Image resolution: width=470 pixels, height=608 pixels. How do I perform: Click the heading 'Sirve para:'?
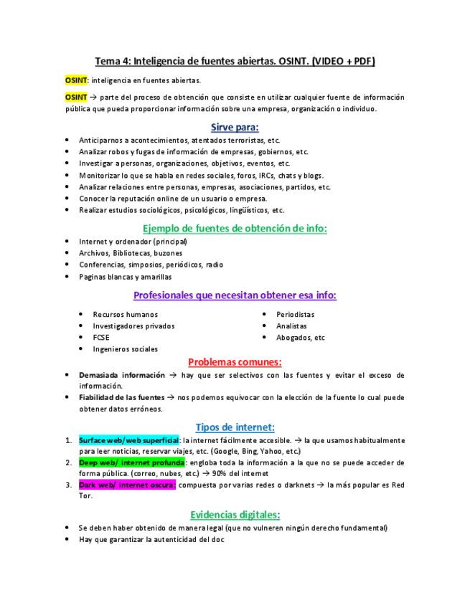point(235,127)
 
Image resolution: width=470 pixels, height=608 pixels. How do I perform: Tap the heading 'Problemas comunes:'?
point(235,361)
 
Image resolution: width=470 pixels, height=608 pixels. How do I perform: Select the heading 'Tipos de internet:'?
point(235,427)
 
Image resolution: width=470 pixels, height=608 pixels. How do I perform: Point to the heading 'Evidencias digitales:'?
point(235,514)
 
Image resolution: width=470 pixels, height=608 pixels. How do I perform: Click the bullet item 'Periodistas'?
point(295,314)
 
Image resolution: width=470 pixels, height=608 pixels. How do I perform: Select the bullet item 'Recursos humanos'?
point(125,314)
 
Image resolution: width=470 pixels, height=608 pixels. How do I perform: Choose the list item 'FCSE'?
point(101,337)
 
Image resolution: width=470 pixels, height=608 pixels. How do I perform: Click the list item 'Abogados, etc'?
point(300,337)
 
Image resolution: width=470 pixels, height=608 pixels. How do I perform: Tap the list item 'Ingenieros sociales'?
point(125,348)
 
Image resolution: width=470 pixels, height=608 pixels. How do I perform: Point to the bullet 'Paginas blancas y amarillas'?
point(125,276)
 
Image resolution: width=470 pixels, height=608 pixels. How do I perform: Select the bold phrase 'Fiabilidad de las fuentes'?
point(121,397)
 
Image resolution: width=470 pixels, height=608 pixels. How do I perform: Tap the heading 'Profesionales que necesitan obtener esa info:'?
point(235,295)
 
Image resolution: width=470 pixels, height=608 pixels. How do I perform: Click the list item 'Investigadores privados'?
point(133,326)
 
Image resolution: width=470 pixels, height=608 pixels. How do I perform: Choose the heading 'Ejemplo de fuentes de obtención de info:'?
point(235,228)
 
